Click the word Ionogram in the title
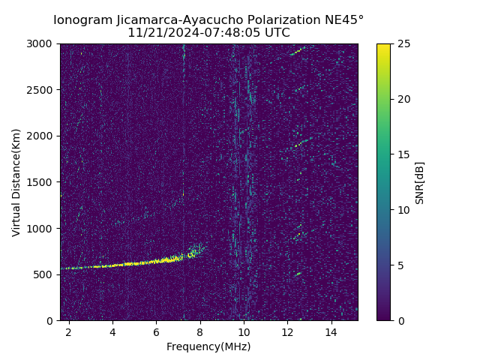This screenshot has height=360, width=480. [83, 19]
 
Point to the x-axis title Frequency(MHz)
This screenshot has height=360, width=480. [208, 346]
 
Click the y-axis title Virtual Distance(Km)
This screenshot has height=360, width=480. [16, 182]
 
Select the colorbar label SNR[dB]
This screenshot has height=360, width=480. [420, 182]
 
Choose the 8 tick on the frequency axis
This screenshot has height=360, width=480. [200, 331]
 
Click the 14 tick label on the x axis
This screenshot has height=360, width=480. [331, 331]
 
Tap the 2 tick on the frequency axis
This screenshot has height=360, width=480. [69, 331]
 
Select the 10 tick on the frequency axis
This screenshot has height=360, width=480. [244, 331]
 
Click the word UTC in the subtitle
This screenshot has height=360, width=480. [277, 33]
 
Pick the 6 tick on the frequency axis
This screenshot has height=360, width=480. [156, 331]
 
